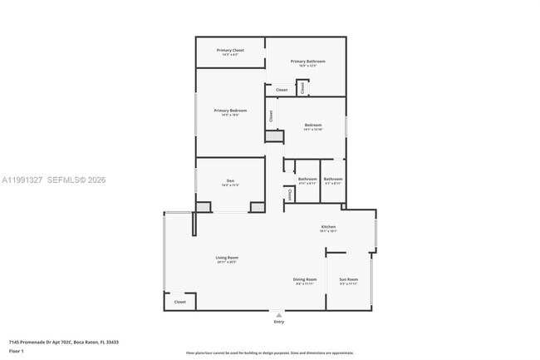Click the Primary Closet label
[x=230, y=51]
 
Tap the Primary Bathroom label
[x=307, y=61]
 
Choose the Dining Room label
[x=305, y=279]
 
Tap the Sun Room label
[x=349, y=279]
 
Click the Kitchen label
[x=328, y=227]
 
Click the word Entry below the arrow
[x=278, y=323]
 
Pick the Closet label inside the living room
[x=180, y=302]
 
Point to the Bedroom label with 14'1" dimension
[x=312, y=126]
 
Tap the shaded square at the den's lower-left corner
[x=203, y=207]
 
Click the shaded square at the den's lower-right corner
[x=257, y=207]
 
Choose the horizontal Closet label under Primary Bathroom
[x=282, y=90]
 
